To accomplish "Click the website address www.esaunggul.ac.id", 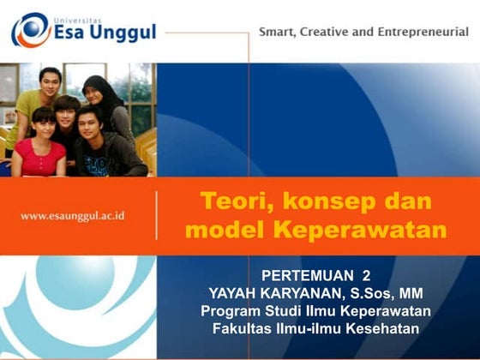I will (x=73, y=215).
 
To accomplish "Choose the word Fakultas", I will (x=245, y=327).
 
